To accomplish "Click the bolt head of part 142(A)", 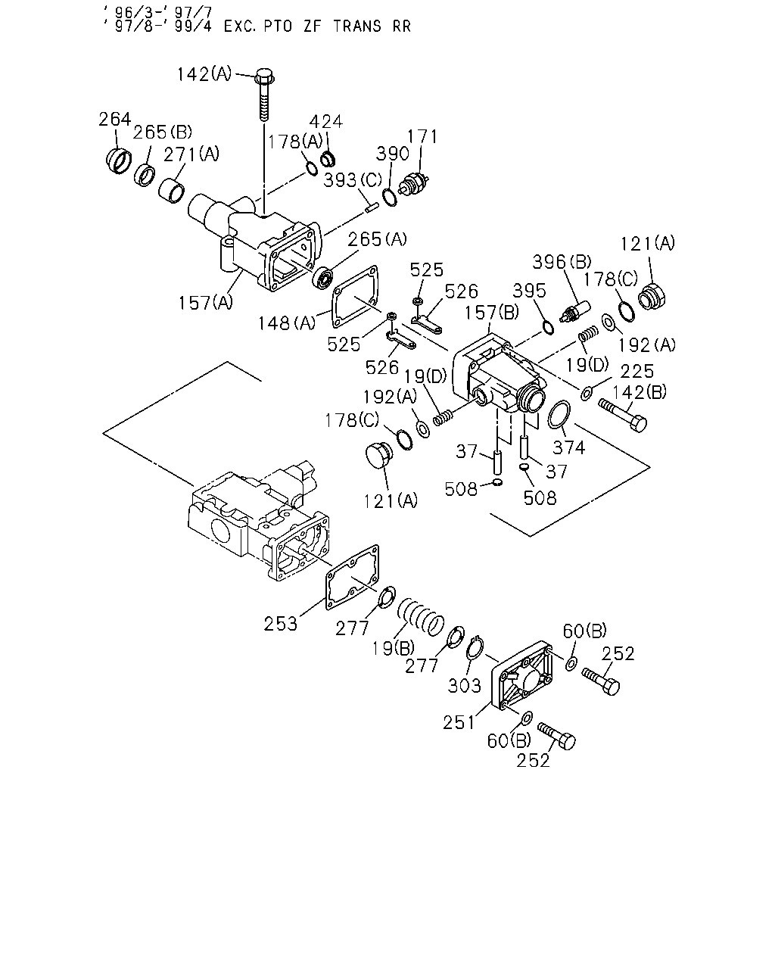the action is pyautogui.click(x=265, y=76).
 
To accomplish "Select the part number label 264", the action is pyautogui.click(x=115, y=120).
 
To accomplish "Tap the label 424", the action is pyautogui.click(x=326, y=122).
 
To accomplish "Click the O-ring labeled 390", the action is pyautogui.click(x=390, y=198).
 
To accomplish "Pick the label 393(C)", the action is pyautogui.click(x=353, y=180).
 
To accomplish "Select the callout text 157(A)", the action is pyautogui.click(x=206, y=303).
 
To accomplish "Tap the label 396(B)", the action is pyautogui.click(x=562, y=262).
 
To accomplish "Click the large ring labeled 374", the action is pyautogui.click(x=559, y=414).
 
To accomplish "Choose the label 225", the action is pyautogui.click(x=636, y=372).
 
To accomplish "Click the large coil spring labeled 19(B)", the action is pyautogui.click(x=421, y=616).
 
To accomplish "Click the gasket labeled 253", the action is pyautogui.click(x=352, y=578).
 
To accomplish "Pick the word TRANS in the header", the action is pyautogui.click(x=357, y=26).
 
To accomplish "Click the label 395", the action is pyautogui.click(x=530, y=291).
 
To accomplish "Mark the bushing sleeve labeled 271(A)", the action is pyautogui.click(x=172, y=191).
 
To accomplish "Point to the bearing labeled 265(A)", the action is pyautogui.click(x=322, y=278).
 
